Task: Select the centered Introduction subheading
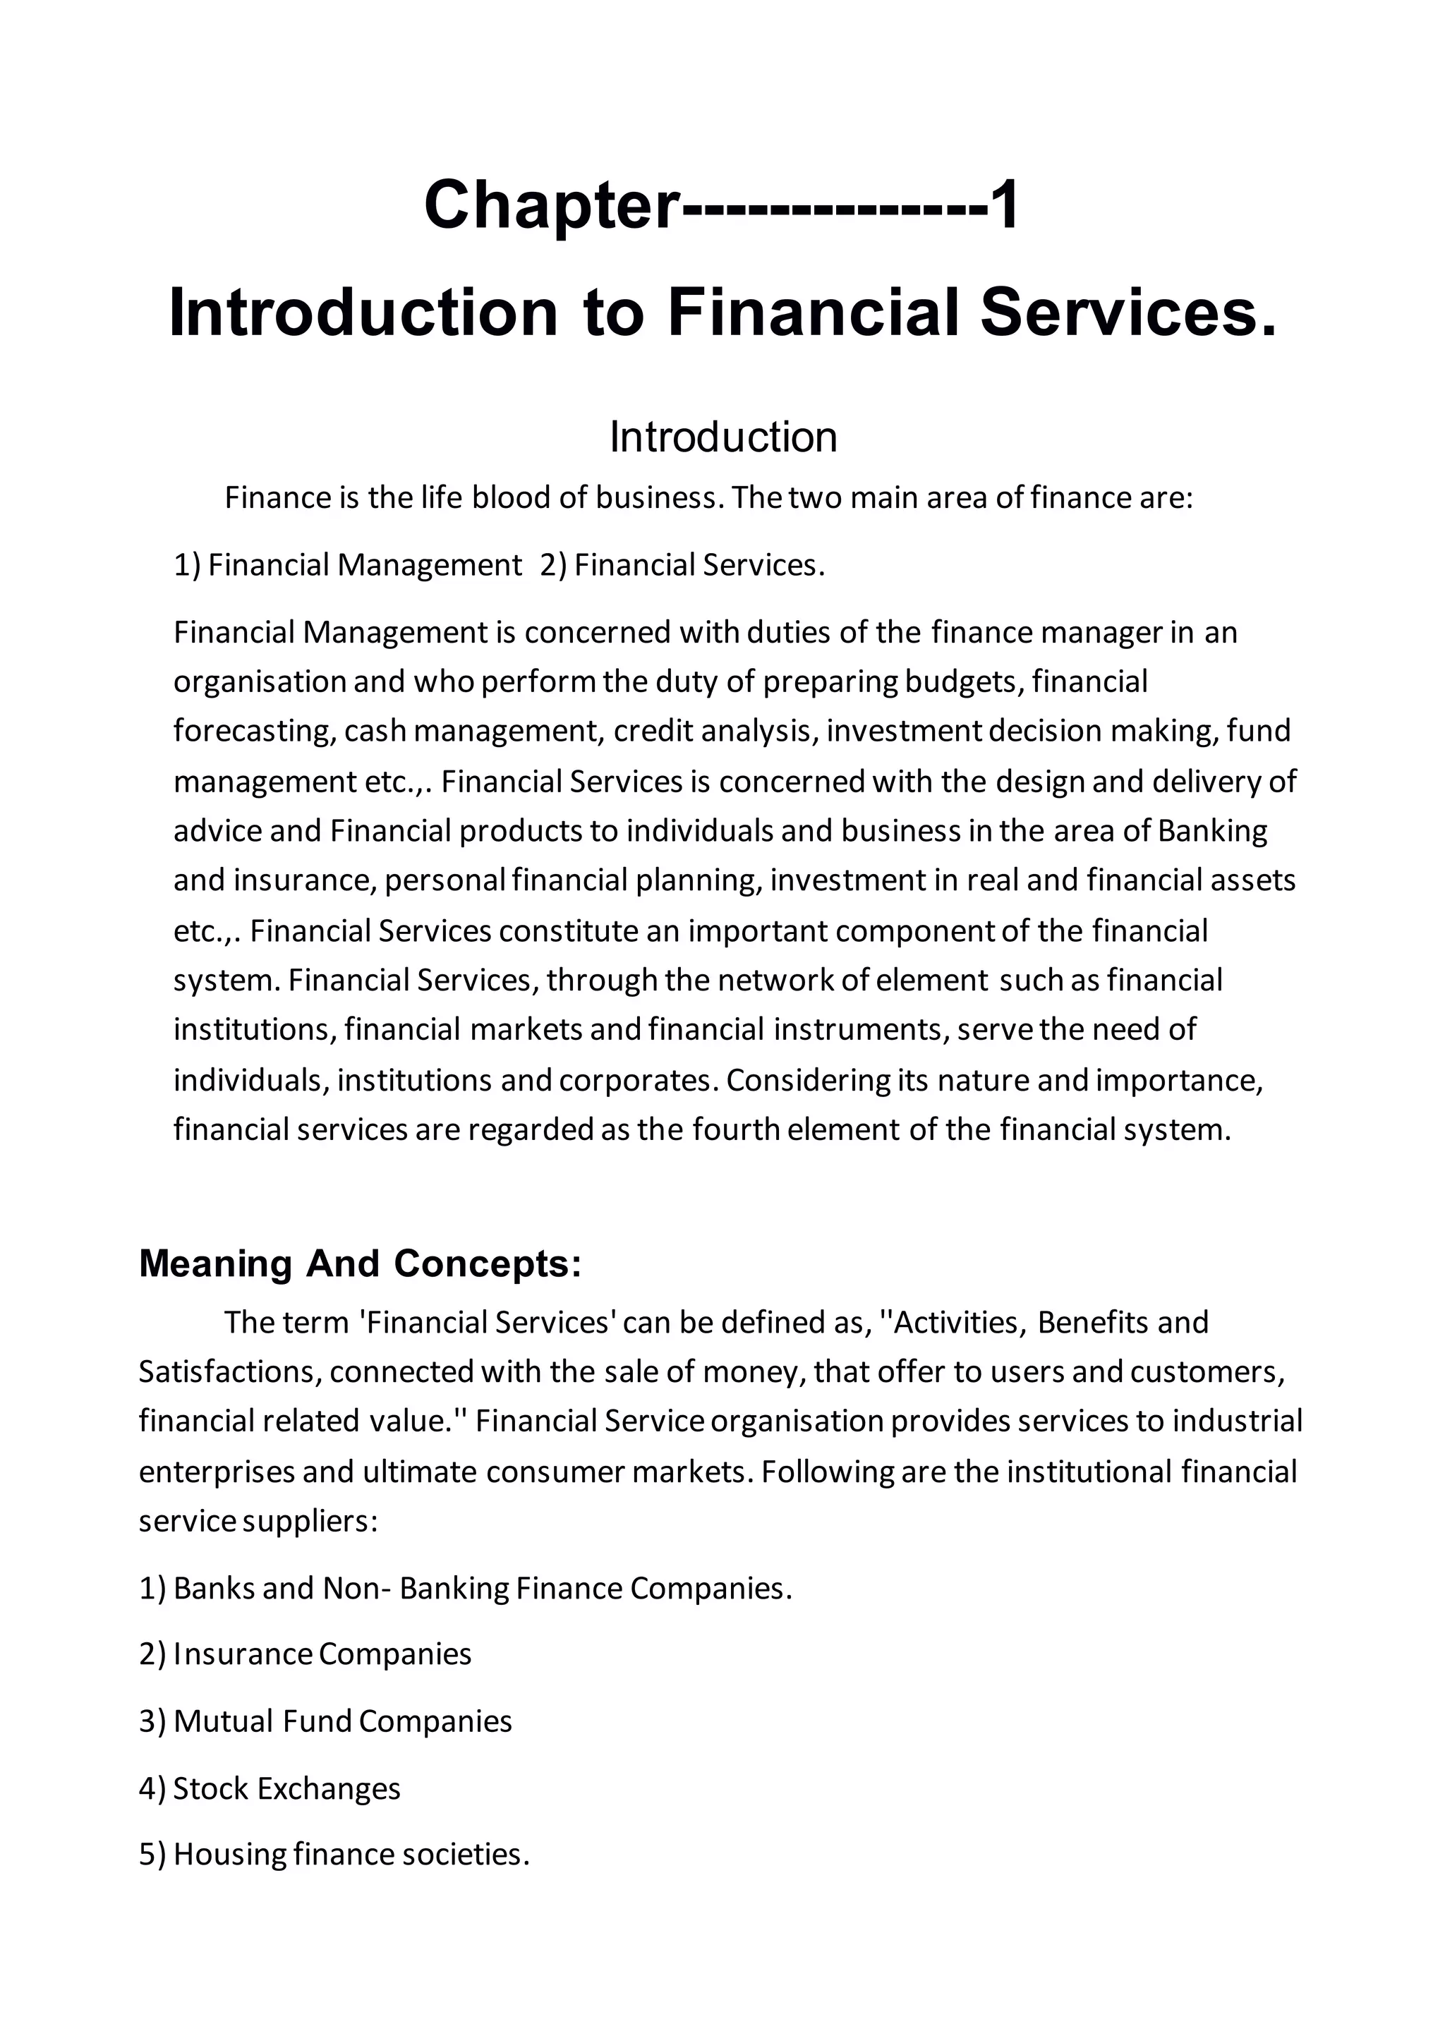[722, 437]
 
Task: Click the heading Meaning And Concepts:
[361, 1263]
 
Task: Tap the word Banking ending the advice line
[1212, 830]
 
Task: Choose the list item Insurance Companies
[322, 1654]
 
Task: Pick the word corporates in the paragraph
[636, 1080]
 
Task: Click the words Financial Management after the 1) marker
[365, 565]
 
